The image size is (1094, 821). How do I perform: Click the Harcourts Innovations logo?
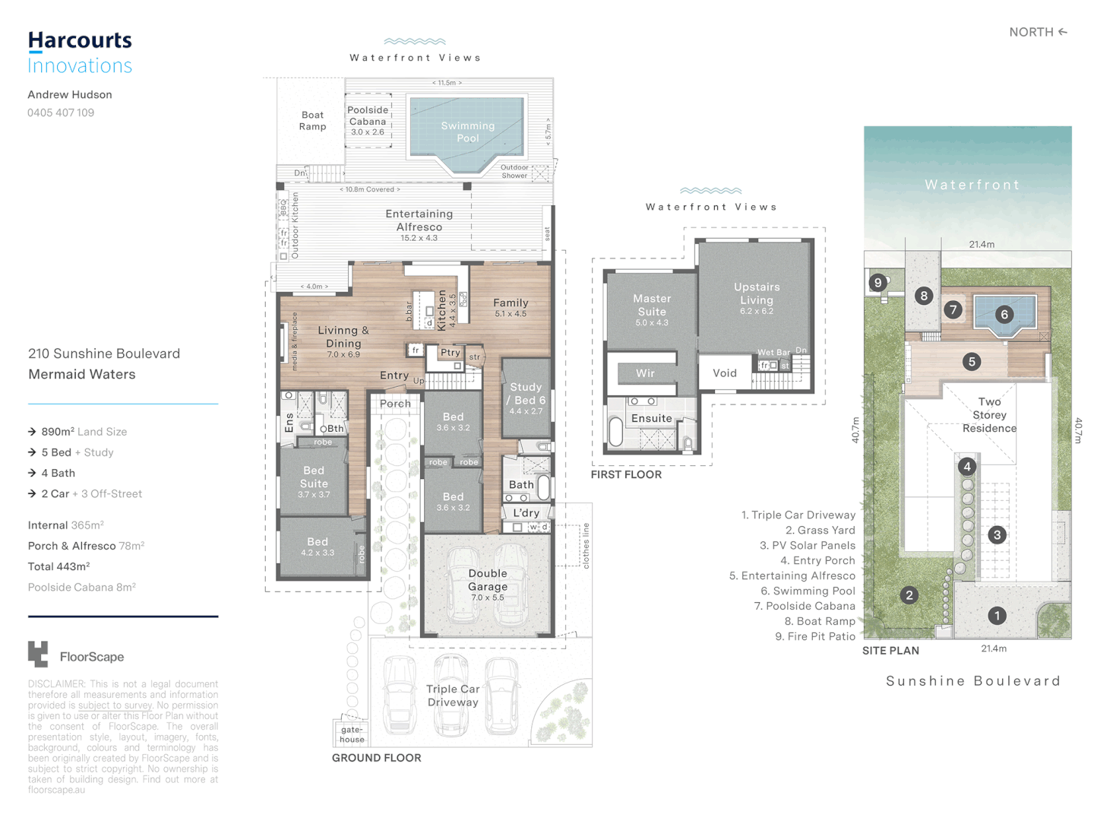click(80, 52)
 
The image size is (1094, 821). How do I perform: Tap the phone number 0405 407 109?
click(61, 113)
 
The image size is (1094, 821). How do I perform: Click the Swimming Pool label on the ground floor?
click(467, 132)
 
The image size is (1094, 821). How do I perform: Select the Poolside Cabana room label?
click(368, 121)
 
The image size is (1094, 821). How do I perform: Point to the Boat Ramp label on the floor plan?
click(312, 121)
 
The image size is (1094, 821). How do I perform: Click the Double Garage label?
click(488, 580)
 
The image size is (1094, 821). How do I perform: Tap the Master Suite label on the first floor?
click(652, 305)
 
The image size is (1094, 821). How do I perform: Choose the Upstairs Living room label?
click(757, 293)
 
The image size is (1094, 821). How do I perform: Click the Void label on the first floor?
click(724, 372)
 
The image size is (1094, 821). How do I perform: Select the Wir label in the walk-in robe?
click(645, 373)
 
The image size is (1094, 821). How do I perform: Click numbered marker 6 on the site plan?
click(1004, 314)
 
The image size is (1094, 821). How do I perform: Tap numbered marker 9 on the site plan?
click(878, 283)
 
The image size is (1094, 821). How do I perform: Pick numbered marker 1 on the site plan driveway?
click(997, 616)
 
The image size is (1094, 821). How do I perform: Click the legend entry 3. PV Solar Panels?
click(807, 545)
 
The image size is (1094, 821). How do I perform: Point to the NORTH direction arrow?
click(1063, 32)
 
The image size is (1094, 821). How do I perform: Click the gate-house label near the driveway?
click(352, 734)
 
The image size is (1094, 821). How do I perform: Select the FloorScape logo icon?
click(38, 655)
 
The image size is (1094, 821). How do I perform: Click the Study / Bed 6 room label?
click(526, 394)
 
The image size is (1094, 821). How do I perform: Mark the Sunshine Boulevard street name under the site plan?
click(973, 681)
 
